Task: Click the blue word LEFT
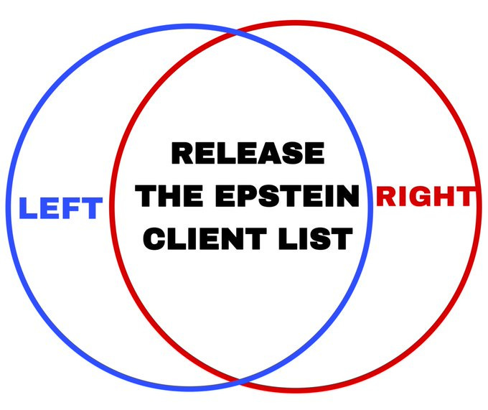61,209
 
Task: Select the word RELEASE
248,153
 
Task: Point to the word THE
168,195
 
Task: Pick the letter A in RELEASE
273,153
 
